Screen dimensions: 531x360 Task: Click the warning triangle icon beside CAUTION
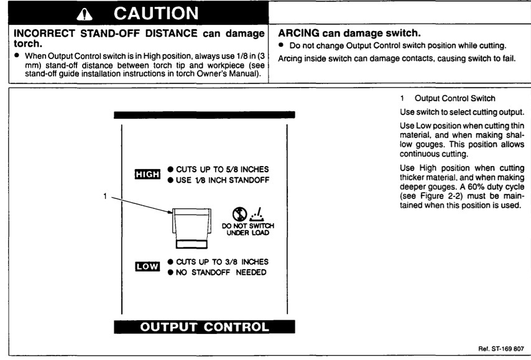[x=85, y=14]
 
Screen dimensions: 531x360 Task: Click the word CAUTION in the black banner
[x=156, y=14]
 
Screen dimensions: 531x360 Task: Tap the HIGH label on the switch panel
[x=147, y=174]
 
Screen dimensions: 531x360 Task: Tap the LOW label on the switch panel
[x=147, y=267]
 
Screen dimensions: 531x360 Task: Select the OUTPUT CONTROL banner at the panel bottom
[x=205, y=327]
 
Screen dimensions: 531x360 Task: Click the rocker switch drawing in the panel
[x=192, y=228]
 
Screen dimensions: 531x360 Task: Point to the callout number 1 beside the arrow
[x=105, y=196]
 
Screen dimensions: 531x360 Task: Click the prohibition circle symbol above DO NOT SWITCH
[x=240, y=214]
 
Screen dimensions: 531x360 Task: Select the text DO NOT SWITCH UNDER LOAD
[x=248, y=229]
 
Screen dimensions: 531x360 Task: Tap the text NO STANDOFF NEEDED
[x=221, y=272]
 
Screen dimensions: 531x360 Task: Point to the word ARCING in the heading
[x=298, y=33]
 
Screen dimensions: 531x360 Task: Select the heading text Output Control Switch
[x=455, y=99]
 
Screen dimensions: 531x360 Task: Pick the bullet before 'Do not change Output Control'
[x=281, y=45]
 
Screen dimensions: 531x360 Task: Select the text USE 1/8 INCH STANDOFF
[x=223, y=180]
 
